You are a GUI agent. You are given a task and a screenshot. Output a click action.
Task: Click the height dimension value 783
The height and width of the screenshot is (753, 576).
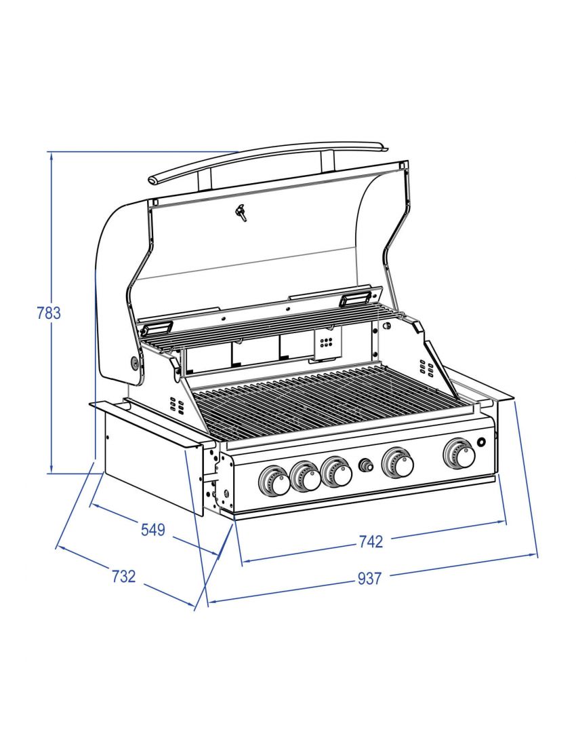[48, 313]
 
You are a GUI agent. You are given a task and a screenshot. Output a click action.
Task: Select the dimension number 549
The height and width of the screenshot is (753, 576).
[152, 530]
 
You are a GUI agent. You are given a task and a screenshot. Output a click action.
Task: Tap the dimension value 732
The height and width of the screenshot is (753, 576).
[123, 577]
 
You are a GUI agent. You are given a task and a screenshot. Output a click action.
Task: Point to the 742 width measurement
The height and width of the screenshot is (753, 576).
[371, 541]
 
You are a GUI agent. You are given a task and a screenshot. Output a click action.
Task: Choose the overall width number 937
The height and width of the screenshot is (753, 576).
[370, 579]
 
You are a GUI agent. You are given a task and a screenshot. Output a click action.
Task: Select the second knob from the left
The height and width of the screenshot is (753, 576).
[305, 478]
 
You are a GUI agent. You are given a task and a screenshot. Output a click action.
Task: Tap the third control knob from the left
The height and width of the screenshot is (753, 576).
[336, 472]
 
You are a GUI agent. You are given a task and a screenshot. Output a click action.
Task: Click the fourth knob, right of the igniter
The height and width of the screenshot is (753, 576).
[398, 463]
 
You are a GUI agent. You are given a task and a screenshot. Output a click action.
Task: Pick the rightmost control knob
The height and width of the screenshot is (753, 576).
[459, 454]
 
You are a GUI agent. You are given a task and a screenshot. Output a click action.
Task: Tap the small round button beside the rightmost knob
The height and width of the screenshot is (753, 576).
[482, 443]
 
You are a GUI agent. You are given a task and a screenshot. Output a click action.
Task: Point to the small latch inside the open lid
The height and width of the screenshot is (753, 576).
[241, 214]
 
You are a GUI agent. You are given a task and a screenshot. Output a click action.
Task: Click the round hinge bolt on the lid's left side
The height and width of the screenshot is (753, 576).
[134, 364]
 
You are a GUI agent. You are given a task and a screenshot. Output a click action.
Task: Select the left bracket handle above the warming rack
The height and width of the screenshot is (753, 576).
[155, 328]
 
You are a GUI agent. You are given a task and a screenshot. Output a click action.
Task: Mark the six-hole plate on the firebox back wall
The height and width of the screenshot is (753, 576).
[326, 343]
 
